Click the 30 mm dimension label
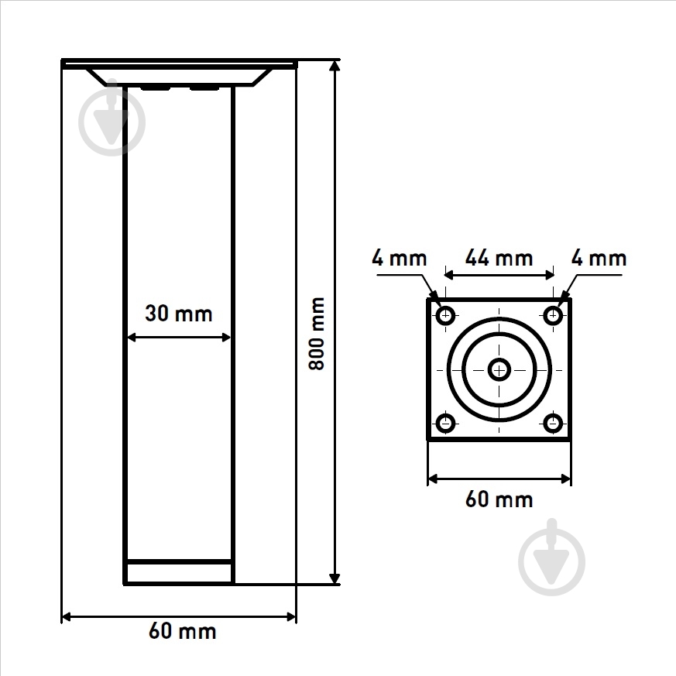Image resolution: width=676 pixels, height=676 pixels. [179, 314]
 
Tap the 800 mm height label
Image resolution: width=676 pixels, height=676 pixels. [317, 333]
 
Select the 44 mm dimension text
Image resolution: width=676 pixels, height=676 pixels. [499, 258]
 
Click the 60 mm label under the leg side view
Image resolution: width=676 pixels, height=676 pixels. [183, 631]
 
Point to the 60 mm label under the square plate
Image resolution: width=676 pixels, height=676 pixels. [499, 499]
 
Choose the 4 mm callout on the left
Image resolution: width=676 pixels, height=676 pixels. [400, 258]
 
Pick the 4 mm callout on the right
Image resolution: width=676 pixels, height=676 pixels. [599, 258]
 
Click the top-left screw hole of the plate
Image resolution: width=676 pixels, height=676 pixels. [445, 316]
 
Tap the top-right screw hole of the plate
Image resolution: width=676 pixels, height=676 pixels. [553, 316]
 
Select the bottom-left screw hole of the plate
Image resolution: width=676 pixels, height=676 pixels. [445, 423]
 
